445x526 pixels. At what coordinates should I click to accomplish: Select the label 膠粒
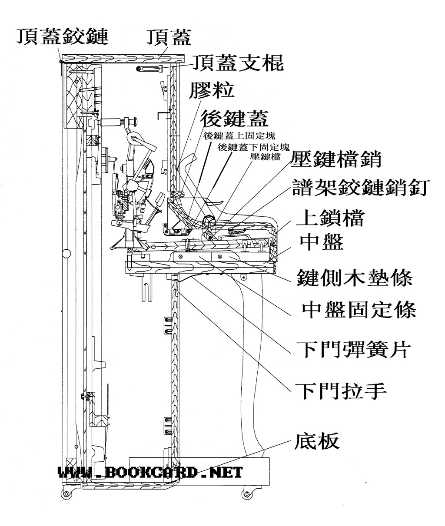point(212,90)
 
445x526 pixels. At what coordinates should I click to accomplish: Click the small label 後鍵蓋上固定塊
point(239,136)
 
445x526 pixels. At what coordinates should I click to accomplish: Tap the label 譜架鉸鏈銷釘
point(361,188)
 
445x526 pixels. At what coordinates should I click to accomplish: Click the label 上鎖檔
point(329,218)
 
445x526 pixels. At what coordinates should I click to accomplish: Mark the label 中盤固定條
point(359,310)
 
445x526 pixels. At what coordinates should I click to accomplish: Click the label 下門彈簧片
point(353,348)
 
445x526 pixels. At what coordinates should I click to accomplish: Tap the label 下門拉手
point(341,390)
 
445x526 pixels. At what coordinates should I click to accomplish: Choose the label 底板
point(317,441)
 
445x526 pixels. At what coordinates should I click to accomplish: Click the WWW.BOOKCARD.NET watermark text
point(150,473)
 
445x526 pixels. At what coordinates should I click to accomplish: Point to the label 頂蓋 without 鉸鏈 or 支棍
point(169,36)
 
